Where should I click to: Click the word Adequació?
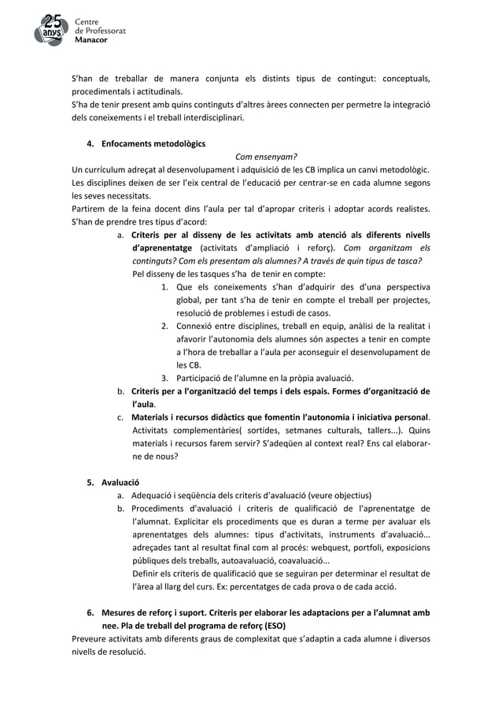[x=157, y=495]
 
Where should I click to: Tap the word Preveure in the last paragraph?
[x=90, y=638]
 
